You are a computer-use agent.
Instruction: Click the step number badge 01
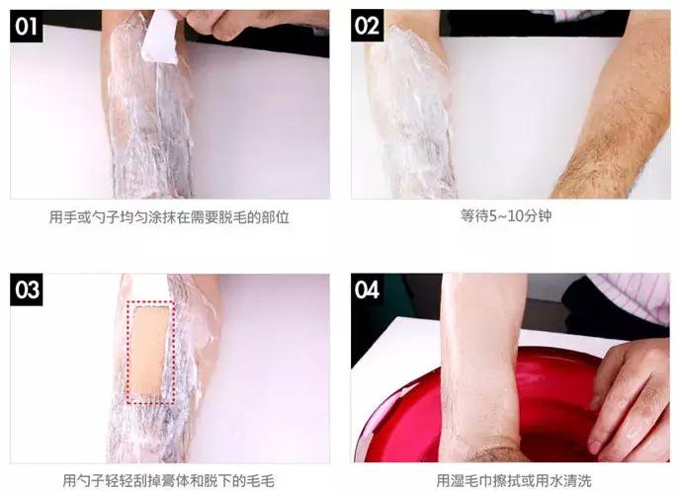(x=27, y=26)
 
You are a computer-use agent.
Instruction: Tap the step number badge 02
(x=368, y=26)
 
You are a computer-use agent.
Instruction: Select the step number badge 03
(x=27, y=289)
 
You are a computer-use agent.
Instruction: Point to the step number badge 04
(x=368, y=289)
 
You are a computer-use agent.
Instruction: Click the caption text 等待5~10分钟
(x=506, y=216)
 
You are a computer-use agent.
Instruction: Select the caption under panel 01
(x=169, y=216)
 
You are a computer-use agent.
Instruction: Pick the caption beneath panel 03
(x=169, y=480)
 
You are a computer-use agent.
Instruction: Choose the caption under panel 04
(x=514, y=480)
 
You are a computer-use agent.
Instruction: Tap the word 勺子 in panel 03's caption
(x=91, y=480)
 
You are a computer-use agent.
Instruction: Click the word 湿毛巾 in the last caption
(x=471, y=480)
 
